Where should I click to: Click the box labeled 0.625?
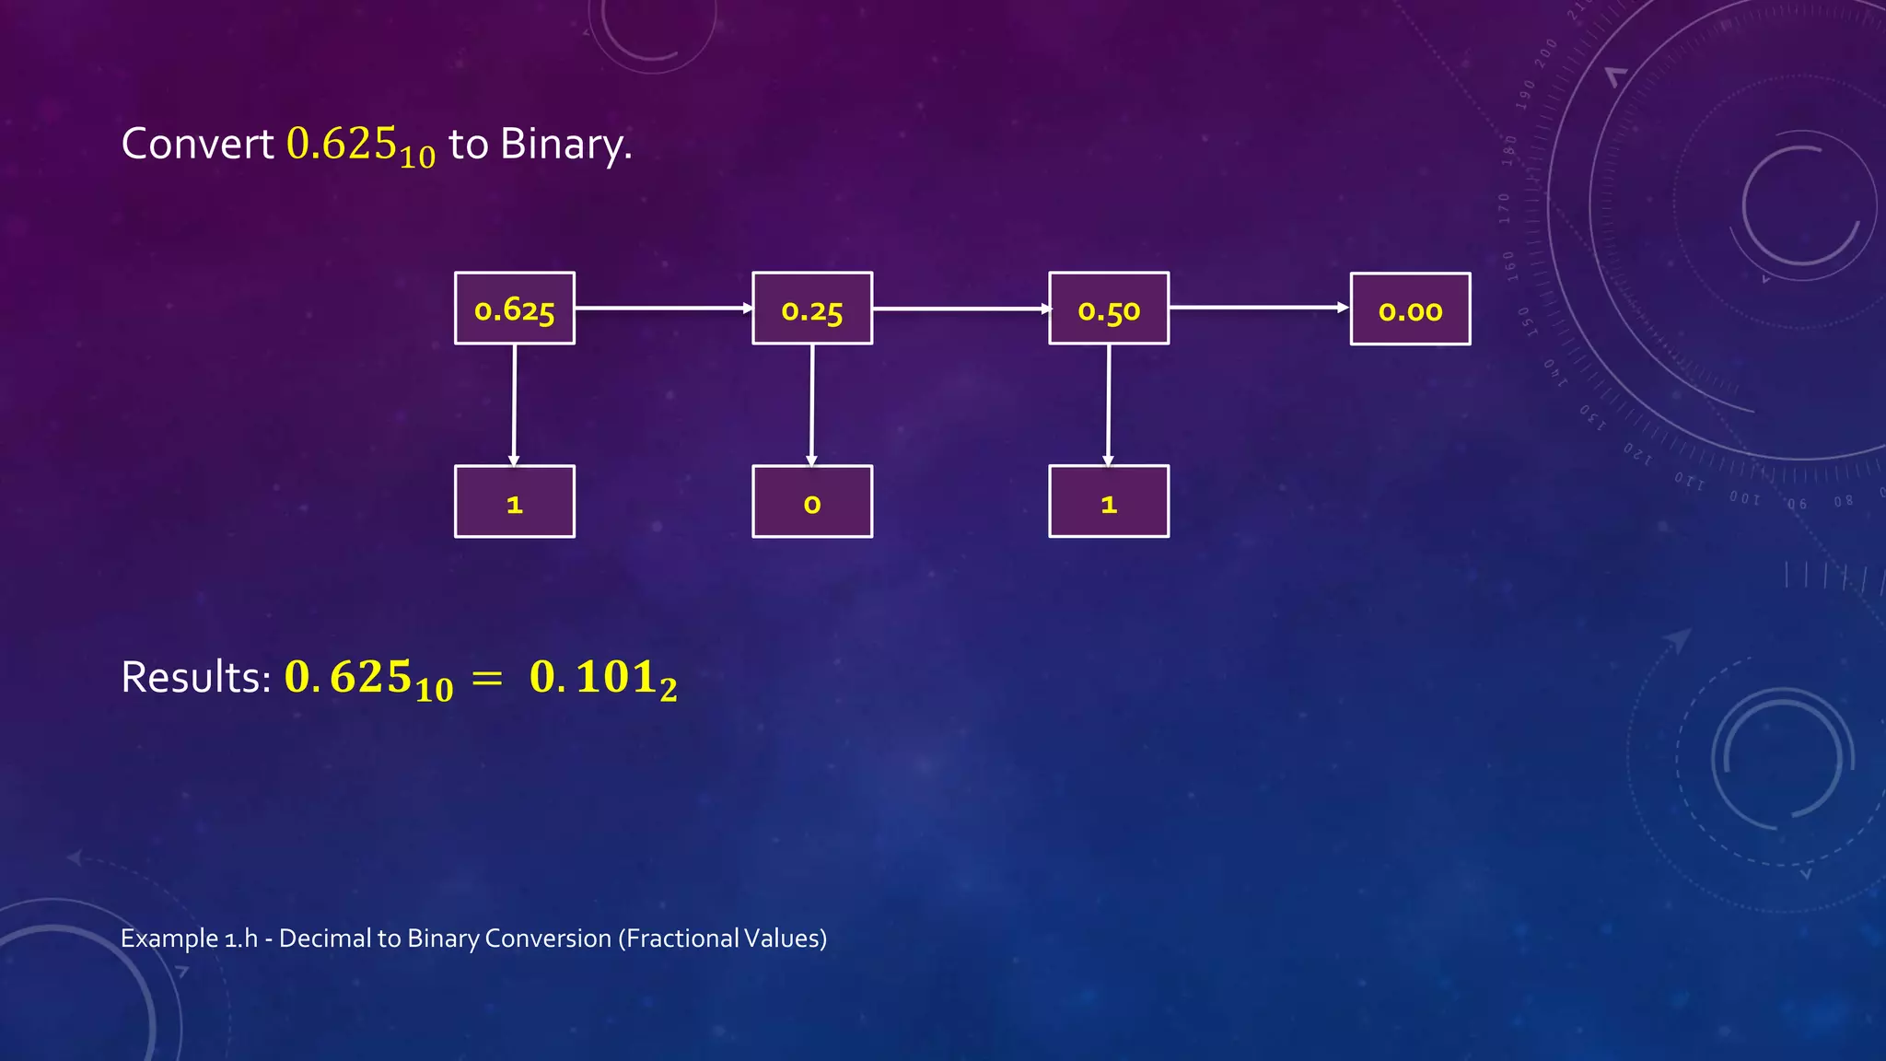click(x=514, y=309)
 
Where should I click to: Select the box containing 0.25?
click(x=811, y=309)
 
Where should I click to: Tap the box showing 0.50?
click(x=1109, y=309)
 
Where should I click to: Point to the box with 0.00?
click(x=1410, y=309)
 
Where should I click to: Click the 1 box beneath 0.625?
click(x=514, y=502)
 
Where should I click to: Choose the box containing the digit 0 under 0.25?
click(x=811, y=502)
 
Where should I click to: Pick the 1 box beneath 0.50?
click(x=1109, y=502)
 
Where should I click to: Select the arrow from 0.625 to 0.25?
click(x=663, y=309)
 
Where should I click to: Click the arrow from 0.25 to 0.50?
click(x=960, y=309)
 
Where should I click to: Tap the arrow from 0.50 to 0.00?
click(x=1259, y=308)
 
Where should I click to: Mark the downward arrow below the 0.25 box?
click(x=811, y=405)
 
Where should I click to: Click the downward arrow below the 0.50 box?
click(x=1108, y=405)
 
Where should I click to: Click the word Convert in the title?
click(x=197, y=145)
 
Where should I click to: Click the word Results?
click(x=195, y=678)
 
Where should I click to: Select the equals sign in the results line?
click(x=486, y=679)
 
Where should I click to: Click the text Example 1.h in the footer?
click(x=189, y=939)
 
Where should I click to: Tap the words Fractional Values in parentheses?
click(x=722, y=939)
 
